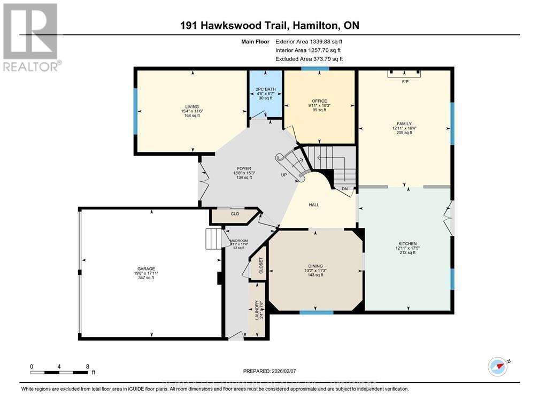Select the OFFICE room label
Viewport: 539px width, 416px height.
319,101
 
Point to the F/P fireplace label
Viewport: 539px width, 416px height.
405,82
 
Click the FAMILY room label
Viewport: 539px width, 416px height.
404,124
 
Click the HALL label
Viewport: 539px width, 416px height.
314,204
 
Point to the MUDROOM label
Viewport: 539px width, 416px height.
238,241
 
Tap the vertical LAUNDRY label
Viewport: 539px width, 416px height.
257,310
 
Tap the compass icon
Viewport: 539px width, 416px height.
497,366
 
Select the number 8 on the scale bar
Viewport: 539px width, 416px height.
87,366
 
